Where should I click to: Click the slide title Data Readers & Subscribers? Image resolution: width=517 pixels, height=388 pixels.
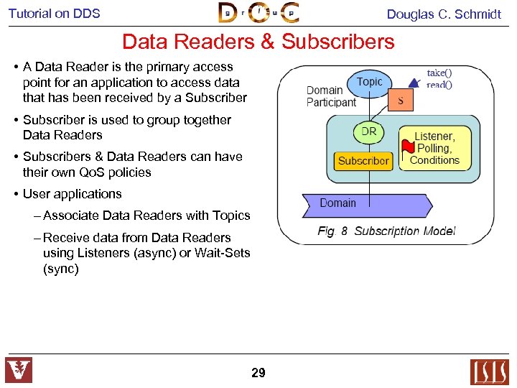click(258, 42)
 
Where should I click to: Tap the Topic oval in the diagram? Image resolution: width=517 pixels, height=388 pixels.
click(370, 82)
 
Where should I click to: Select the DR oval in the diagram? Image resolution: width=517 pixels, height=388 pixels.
click(368, 132)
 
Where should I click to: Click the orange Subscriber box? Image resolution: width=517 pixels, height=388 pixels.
click(363, 161)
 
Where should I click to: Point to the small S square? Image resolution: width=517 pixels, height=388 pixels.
click(400, 101)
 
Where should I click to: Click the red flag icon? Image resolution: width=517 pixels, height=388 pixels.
click(407, 147)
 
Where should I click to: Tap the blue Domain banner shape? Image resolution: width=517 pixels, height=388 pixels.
click(366, 204)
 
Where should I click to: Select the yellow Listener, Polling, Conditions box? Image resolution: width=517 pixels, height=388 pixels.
click(435, 148)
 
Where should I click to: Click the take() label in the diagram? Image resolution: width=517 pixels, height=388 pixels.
click(439, 73)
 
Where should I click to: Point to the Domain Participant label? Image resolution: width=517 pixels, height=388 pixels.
click(331, 96)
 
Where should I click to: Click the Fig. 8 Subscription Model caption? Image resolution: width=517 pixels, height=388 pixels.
click(386, 231)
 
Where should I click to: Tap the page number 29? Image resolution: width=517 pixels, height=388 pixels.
click(258, 373)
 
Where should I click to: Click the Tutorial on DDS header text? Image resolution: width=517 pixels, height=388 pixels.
click(55, 14)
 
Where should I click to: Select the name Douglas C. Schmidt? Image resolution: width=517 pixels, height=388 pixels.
click(444, 14)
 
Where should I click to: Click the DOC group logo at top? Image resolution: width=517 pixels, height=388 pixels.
click(258, 13)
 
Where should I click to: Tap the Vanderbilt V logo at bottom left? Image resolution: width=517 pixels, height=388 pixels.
click(19, 371)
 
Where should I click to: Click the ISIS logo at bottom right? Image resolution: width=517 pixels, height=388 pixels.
click(489, 371)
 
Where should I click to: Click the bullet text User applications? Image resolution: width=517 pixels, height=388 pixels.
click(73, 194)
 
